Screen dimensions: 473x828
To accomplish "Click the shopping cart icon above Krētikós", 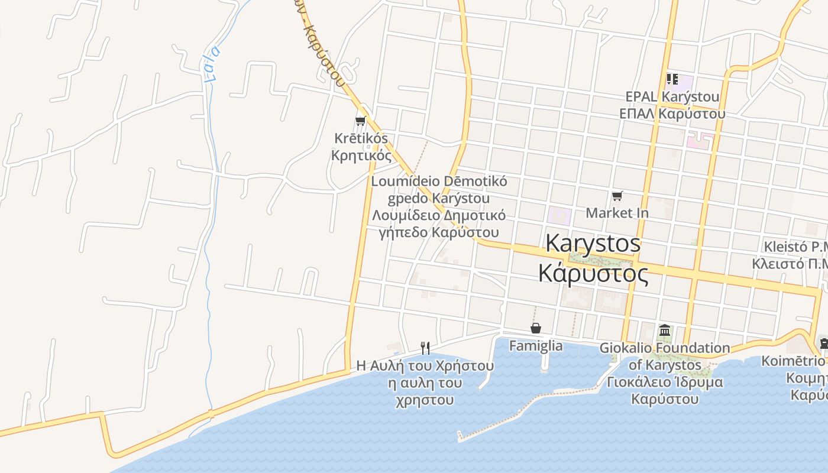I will [360, 121].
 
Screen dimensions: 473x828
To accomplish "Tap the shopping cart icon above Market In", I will [617, 196].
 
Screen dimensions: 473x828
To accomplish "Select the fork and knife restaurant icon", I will [425, 348].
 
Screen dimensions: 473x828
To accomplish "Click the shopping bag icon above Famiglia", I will [536, 328].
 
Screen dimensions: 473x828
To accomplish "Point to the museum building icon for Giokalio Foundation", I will [665, 331].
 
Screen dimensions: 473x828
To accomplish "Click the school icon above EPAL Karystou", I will [672, 79].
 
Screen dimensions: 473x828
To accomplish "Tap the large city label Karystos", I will [593, 243].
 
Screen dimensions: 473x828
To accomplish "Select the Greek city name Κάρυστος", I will [593, 273].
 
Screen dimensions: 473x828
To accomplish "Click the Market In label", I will [617, 213].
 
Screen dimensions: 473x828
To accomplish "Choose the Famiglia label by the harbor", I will [536, 345].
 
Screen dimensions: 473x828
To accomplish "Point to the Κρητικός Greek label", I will [361, 155].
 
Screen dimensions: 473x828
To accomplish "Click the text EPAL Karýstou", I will [672, 96].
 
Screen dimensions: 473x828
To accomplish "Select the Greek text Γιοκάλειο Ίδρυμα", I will [665, 382].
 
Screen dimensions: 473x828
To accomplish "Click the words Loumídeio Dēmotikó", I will [439, 181].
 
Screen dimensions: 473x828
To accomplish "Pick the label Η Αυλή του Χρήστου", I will [425, 366].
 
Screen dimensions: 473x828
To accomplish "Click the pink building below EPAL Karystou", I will [699, 141].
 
